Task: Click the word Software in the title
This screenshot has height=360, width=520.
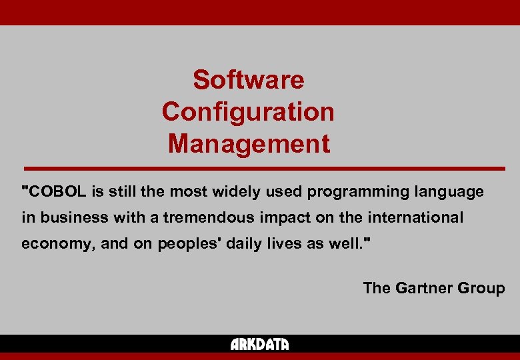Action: (248, 80)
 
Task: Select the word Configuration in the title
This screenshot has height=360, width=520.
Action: (248, 111)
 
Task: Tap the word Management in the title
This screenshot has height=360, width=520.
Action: (248, 143)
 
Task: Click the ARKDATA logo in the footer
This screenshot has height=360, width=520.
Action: (259, 345)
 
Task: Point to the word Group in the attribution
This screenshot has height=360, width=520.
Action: (481, 288)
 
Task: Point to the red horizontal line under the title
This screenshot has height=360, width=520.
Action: (264, 168)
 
